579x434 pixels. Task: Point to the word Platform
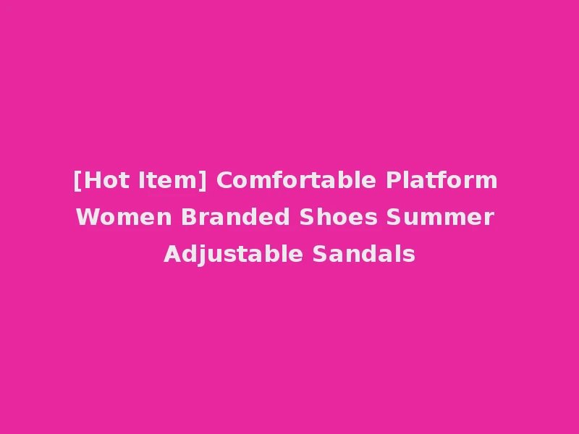(441, 180)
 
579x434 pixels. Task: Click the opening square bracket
(77, 181)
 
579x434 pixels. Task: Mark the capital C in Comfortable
(224, 180)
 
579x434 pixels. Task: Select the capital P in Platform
(393, 180)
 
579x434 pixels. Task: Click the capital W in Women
(87, 217)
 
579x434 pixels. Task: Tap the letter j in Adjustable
(196, 255)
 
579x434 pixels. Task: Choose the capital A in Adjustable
(172, 255)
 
